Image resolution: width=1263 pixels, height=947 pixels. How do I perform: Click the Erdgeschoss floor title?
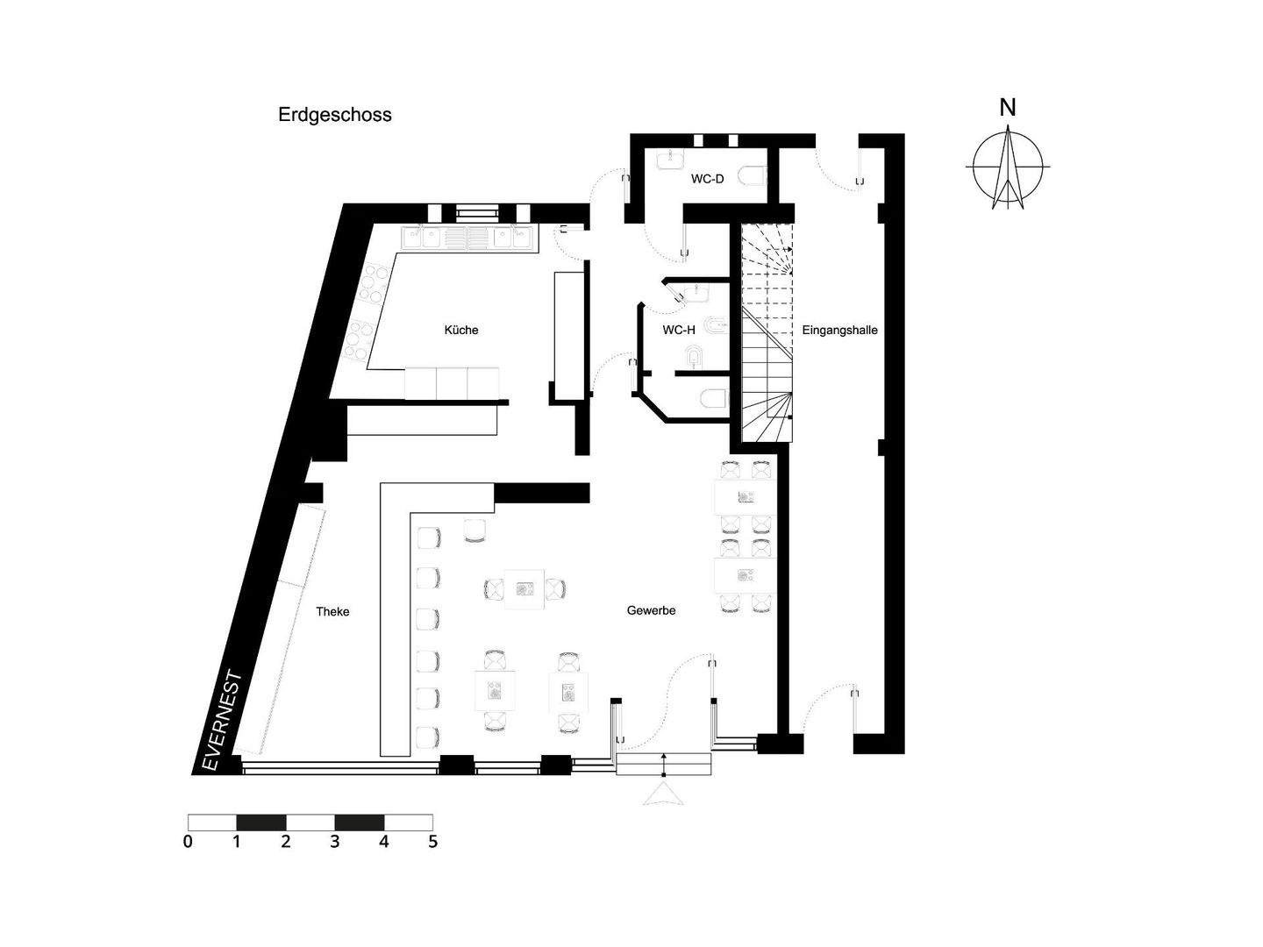[x=335, y=115]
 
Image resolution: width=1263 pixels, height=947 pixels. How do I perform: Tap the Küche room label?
[x=461, y=330]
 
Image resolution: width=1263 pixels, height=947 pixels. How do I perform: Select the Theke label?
[x=332, y=611]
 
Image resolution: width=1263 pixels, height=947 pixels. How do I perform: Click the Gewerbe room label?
[x=651, y=610]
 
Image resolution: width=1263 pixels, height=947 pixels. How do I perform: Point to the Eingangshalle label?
[x=839, y=331]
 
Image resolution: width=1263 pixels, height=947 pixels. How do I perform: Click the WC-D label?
[x=707, y=179]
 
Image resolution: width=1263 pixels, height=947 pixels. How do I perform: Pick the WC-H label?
[x=678, y=330]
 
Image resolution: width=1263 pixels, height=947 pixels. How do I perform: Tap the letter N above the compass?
[x=1008, y=108]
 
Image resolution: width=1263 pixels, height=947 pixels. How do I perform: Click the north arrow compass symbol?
[x=1008, y=167]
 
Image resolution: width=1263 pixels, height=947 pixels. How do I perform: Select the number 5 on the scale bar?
[x=432, y=842]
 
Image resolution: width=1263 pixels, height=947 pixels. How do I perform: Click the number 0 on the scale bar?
[x=188, y=842]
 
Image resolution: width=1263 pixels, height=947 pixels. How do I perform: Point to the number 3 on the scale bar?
[x=334, y=842]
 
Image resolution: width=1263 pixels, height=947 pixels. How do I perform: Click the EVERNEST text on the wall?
[x=223, y=721]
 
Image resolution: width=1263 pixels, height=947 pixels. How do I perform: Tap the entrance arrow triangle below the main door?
[x=663, y=794]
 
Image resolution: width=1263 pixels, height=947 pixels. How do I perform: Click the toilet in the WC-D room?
[x=752, y=177]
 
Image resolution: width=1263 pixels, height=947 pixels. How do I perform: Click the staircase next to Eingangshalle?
[x=767, y=333]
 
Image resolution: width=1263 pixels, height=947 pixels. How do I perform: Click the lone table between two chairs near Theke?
[x=524, y=589]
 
